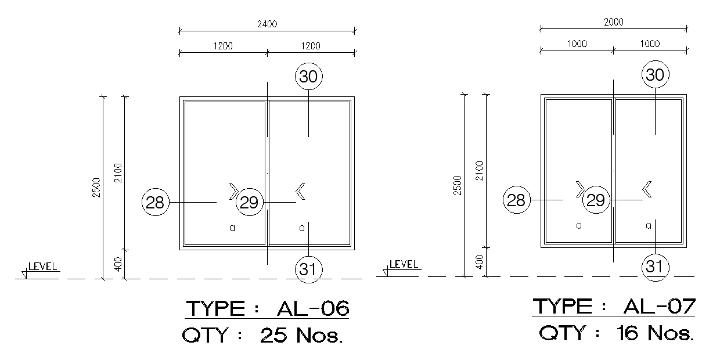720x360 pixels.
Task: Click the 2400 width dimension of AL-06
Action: tap(267, 24)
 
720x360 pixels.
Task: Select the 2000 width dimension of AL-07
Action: tap(614, 22)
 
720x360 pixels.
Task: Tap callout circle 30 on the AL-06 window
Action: tap(308, 77)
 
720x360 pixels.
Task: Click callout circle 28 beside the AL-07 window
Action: tap(517, 200)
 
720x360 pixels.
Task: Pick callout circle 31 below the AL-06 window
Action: tap(308, 269)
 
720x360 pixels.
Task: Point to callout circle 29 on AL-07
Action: tap(596, 200)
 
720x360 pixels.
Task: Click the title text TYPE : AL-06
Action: tap(268, 308)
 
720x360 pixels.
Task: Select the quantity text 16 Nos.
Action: tap(655, 333)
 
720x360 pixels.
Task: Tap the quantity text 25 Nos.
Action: tap(301, 335)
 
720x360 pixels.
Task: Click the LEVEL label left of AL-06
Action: tap(42, 267)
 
